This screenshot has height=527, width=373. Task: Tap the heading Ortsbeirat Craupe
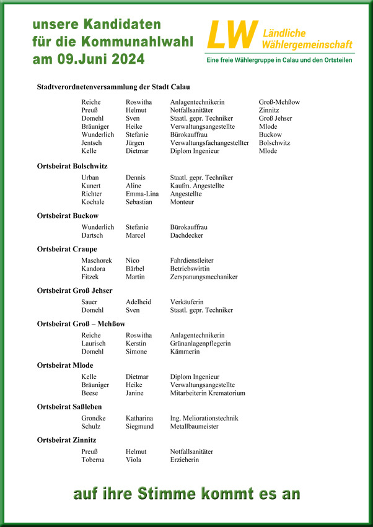tap(67, 248)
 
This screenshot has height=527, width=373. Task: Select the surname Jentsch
tap(93, 142)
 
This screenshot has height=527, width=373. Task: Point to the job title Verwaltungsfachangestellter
tap(209, 142)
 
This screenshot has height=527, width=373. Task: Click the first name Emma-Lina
tap(143, 194)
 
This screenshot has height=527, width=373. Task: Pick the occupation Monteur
tap(182, 202)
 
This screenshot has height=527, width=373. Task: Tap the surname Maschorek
tap(97, 261)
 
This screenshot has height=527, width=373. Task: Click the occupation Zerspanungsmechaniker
tap(204, 277)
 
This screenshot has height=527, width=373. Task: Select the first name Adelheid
tap(138, 302)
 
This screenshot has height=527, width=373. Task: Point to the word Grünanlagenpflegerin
tap(200, 343)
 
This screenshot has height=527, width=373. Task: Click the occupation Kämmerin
tap(185, 351)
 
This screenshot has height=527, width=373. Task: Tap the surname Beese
tap(89, 393)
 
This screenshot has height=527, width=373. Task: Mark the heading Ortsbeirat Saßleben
tap(70, 406)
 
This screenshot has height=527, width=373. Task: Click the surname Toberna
tap(93, 459)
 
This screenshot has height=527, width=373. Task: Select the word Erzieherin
tap(185, 459)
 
